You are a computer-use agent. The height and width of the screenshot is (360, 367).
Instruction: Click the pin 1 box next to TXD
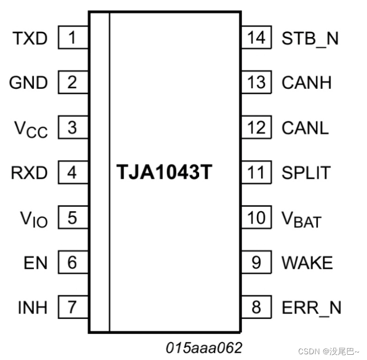tap(72, 38)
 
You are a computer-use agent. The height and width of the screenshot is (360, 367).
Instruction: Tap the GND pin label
tap(29, 82)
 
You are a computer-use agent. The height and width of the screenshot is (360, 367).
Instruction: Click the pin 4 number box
tap(72, 172)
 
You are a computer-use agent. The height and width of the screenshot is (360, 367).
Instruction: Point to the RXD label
tap(29, 173)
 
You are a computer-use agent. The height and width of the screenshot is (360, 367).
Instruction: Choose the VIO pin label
tap(33, 219)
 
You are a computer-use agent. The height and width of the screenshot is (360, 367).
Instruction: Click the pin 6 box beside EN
tap(72, 262)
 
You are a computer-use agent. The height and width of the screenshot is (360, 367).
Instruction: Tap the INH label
tap(32, 307)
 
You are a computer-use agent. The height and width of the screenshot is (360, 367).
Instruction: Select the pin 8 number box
tap(256, 307)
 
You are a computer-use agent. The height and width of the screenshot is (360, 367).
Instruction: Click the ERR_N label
tap(311, 308)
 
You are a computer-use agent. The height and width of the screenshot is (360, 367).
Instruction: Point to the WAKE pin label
tap(307, 262)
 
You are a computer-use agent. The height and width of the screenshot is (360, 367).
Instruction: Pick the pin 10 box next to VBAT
tap(256, 217)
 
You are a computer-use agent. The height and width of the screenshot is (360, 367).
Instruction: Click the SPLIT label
tap(305, 173)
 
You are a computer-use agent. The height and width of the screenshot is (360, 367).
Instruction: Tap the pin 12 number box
tap(256, 127)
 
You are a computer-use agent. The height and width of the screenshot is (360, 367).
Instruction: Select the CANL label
tap(305, 128)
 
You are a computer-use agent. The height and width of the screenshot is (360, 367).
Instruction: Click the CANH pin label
tap(306, 82)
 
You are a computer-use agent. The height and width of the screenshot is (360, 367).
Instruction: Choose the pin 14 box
tap(256, 38)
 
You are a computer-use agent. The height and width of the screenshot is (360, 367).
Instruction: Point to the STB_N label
tap(310, 39)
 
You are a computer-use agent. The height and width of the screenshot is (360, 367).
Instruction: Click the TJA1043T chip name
tap(164, 173)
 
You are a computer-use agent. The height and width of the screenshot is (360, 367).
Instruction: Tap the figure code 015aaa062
tap(204, 347)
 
